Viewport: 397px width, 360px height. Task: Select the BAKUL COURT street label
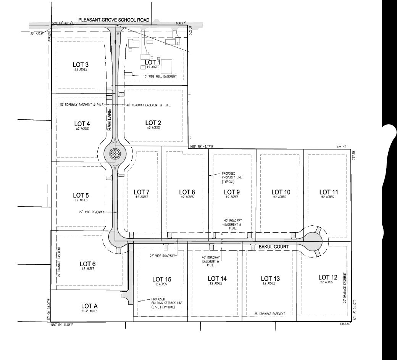pos(278,247)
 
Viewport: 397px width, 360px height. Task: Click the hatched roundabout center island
pos(115,154)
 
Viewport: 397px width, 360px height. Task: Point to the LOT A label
pos(89,306)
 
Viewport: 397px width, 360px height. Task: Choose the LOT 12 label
pos(328,277)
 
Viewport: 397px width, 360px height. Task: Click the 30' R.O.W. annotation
pos(38,33)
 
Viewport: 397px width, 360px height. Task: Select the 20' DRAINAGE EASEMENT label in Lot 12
pos(345,288)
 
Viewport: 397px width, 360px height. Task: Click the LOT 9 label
pos(232,192)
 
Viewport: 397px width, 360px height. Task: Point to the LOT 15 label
pos(162,280)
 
